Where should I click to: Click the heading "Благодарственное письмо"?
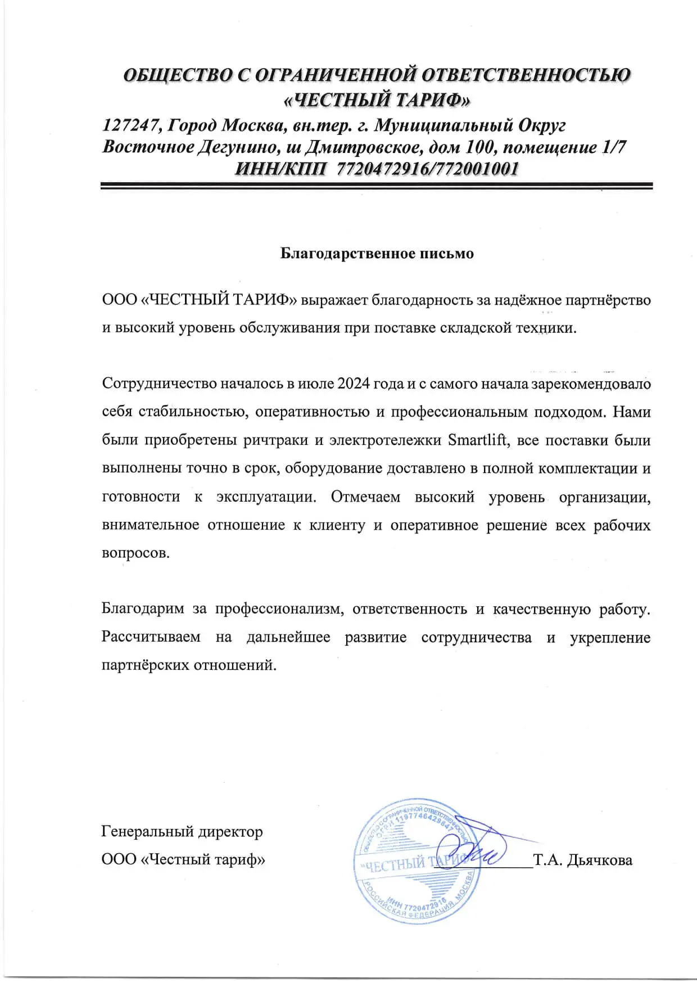(x=377, y=254)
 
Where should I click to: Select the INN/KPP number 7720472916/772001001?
(x=426, y=169)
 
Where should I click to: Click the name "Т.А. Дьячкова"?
(x=583, y=860)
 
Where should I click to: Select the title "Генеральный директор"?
(x=182, y=831)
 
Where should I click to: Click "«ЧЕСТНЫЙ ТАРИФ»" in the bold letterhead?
(x=377, y=100)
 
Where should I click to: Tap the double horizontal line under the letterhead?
(x=377, y=186)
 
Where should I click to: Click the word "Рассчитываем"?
(x=151, y=637)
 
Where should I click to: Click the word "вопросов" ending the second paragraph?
(x=135, y=553)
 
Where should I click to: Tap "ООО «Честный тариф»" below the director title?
(x=183, y=859)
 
